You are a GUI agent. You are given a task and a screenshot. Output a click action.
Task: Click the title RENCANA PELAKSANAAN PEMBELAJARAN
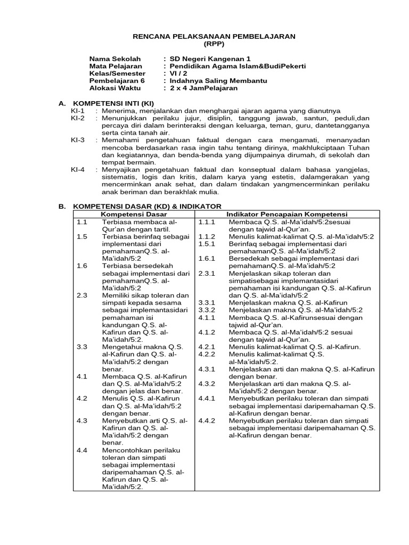213,36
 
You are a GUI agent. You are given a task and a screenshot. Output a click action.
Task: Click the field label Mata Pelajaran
112,66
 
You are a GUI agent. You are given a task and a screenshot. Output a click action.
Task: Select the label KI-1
78,110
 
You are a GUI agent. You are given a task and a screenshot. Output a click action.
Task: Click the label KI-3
78,140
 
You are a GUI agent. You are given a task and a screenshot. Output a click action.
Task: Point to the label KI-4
78,169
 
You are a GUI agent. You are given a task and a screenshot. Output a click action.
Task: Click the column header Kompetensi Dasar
127,214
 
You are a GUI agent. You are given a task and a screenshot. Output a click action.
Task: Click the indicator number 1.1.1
206,221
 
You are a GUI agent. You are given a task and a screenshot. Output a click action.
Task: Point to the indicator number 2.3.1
206,273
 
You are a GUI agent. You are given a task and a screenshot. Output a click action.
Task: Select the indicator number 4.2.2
206,354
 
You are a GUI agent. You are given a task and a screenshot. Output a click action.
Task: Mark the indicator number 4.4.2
206,420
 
